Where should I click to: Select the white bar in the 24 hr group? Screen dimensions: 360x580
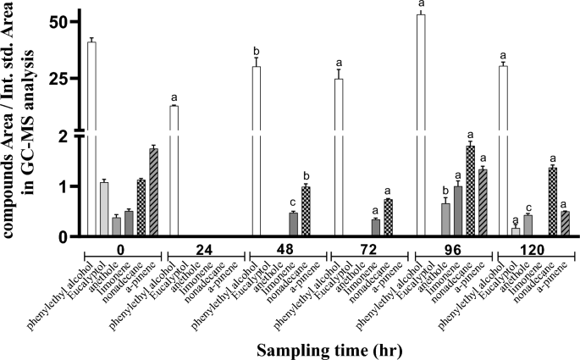coord(174,169)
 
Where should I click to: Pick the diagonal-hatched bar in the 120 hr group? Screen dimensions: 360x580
coord(565,224)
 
